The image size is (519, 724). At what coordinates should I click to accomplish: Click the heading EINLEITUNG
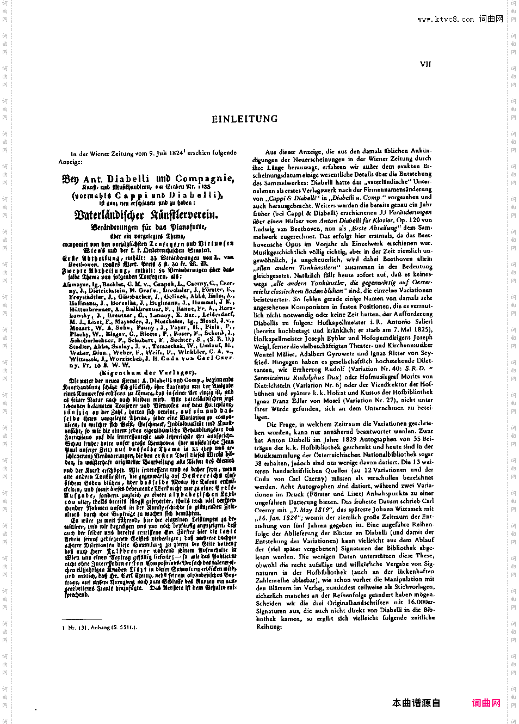click(244, 119)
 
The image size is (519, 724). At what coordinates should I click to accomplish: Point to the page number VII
click(425, 64)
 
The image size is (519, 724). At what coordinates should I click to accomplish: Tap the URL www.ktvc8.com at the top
click(446, 19)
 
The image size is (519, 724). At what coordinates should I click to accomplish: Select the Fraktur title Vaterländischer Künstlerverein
click(146, 215)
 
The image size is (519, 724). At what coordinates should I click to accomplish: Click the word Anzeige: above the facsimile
click(71, 162)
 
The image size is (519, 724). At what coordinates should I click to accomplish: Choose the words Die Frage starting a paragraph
click(280, 424)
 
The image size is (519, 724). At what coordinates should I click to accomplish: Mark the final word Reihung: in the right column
click(269, 627)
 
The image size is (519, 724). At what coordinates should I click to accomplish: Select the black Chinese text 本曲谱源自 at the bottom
click(416, 703)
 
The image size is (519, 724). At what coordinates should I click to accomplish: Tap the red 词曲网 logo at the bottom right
click(486, 703)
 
